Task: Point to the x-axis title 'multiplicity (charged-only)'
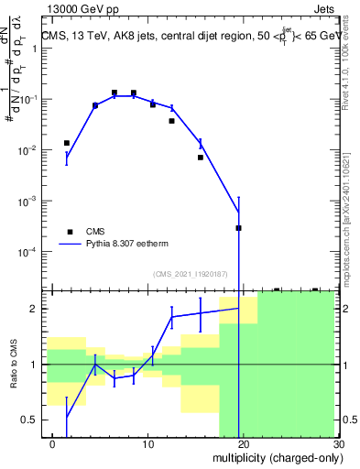tap(275, 457)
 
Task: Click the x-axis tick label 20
tap(243, 442)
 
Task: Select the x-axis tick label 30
tap(337, 442)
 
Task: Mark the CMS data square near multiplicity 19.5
tap(238, 228)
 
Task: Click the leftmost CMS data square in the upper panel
tap(67, 143)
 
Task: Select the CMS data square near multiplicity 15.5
tap(200, 158)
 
